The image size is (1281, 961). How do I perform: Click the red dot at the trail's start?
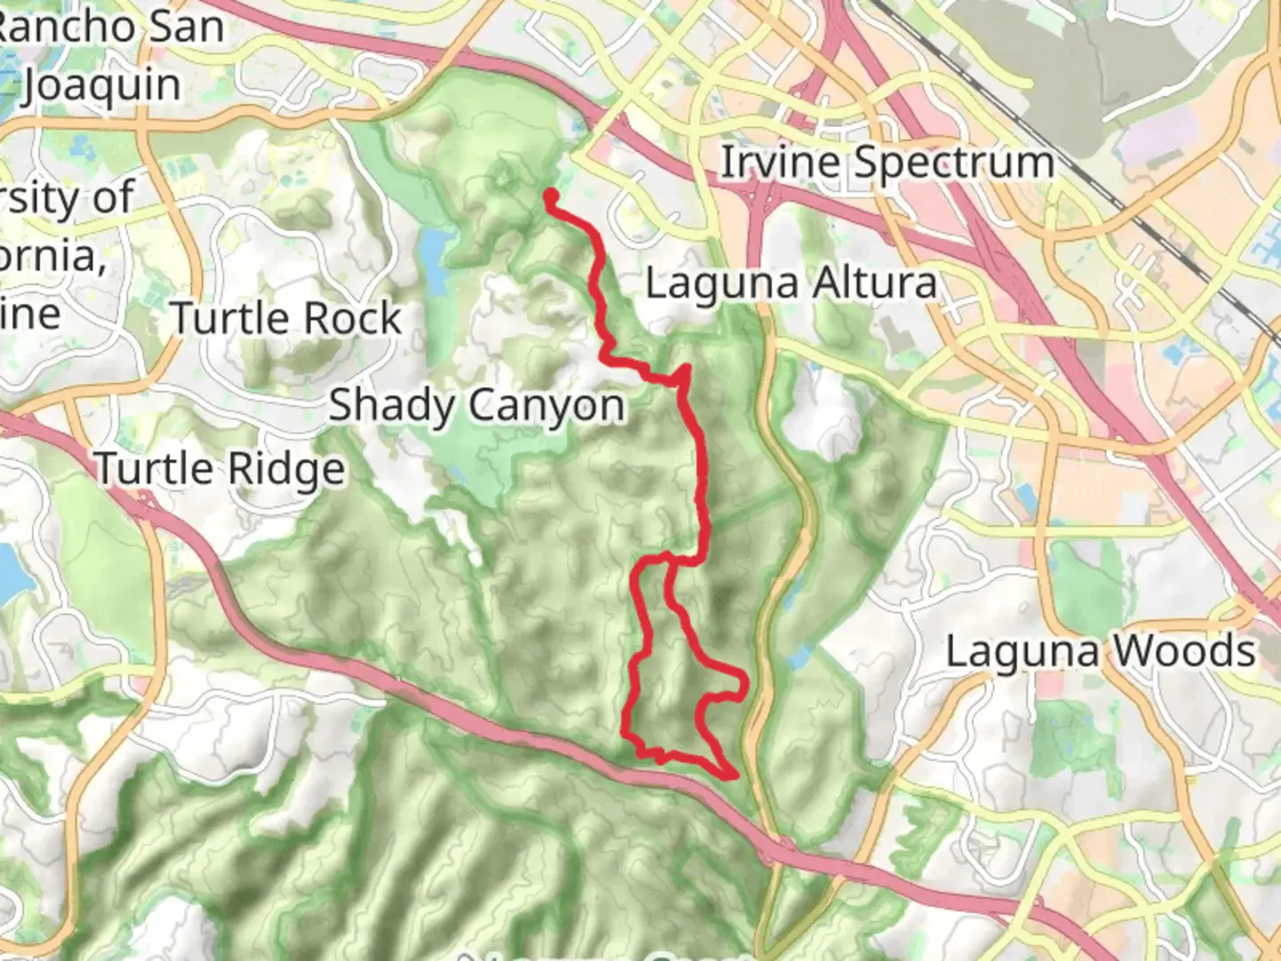point(552,196)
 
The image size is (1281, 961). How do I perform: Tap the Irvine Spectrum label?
point(886,163)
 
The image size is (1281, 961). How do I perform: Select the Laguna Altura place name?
point(791,284)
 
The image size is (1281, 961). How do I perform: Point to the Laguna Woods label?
point(1100,651)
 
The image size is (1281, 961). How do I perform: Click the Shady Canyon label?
point(478,406)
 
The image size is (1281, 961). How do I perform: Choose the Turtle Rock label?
point(286,319)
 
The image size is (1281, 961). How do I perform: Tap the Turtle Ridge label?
point(220,469)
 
